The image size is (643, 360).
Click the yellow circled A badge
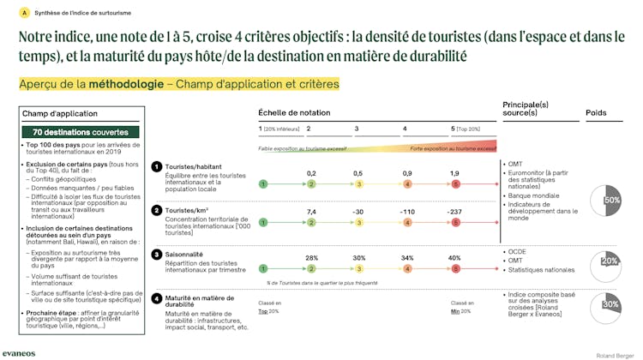(x=23, y=13)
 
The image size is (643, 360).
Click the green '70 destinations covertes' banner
(x=80, y=133)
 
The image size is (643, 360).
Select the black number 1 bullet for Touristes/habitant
(x=157, y=166)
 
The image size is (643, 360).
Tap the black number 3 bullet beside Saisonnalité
(x=157, y=254)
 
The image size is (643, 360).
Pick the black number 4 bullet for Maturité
(x=157, y=298)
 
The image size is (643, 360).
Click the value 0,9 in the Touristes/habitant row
(x=407, y=173)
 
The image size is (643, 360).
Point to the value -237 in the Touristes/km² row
(x=455, y=212)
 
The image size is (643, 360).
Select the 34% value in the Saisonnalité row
(x=407, y=257)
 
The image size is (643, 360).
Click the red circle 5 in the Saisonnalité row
(x=456, y=268)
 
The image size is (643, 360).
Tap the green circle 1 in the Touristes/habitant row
(x=263, y=184)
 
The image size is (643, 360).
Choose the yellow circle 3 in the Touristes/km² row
(x=359, y=223)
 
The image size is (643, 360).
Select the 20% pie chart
(x=610, y=261)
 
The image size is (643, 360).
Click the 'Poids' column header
(x=596, y=113)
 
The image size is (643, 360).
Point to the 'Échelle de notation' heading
(x=294, y=113)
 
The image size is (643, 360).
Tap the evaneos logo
(x=19, y=351)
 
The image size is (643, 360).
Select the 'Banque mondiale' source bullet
(x=534, y=196)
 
